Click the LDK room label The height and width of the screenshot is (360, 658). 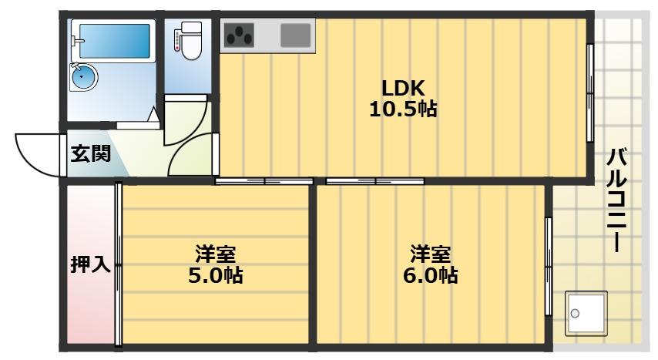pyautogui.click(x=400, y=86)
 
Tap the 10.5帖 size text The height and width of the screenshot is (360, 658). pyautogui.click(x=402, y=109)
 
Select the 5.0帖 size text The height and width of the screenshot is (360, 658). pyautogui.click(x=215, y=275)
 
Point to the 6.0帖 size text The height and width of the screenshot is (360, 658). pyautogui.click(x=430, y=275)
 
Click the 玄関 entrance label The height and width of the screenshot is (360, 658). pyautogui.click(x=91, y=153)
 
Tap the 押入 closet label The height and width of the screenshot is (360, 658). pyautogui.click(x=90, y=265)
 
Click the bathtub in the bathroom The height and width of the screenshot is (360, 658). pyautogui.click(x=111, y=39)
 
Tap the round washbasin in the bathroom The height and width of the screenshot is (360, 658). pyautogui.click(x=82, y=76)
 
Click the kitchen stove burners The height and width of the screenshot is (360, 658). pyautogui.click(x=240, y=35)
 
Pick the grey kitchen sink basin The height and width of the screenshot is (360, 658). pyautogui.click(x=295, y=35)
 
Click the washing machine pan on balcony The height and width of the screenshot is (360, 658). pyautogui.click(x=586, y=312)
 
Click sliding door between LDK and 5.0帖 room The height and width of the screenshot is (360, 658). pyautogui.click(x=264, y=182)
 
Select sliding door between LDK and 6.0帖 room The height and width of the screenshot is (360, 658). pyautogui.click(x=374, y=182)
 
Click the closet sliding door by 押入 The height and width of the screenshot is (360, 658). pyautogui.click(x=118, y=264)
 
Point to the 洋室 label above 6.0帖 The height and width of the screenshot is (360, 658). pyautogui.click(x=430, y=253)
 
